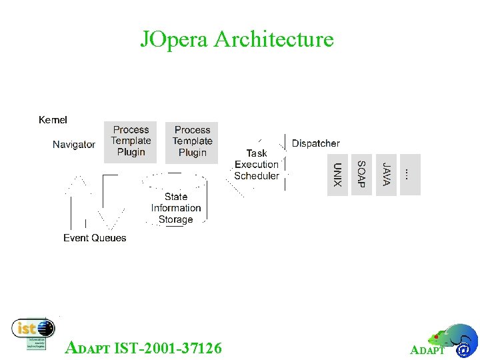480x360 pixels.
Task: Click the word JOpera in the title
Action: click(x=175, y=39)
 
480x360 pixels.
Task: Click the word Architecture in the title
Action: click(x=274, y=39)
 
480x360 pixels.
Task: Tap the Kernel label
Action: click(x=53, y=120)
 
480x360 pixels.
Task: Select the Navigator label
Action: click(x=74, y=144)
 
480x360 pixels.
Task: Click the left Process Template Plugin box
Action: click(x=131, y=141)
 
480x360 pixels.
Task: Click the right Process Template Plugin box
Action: click(x=192, y=141)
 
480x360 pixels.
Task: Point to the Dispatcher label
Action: click(x=315, y=143)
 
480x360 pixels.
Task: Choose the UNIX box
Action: click(x=338, y=175)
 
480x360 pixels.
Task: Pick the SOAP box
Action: click(x=361, y=175)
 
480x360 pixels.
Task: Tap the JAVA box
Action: click(x=386, y=175)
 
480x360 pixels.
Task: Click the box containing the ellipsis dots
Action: click(x=409, y=175)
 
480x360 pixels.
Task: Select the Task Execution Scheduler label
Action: click(x=257, y=165)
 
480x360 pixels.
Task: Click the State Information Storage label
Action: click(x=176, y=208)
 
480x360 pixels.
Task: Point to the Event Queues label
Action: click(x=95, y=238)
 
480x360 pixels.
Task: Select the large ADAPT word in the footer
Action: click(x=89, y=347)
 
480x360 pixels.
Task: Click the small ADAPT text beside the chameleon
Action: click(x=427, y=351)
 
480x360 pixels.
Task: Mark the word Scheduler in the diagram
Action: click(x=257, y=176)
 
